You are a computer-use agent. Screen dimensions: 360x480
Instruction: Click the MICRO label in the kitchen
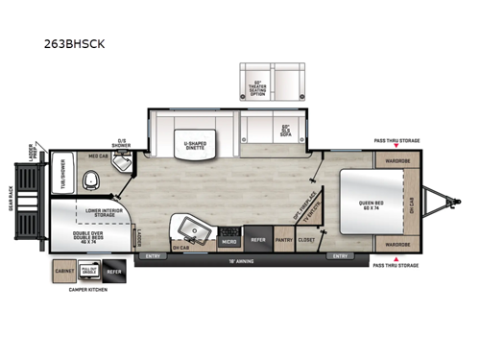(x=229, y=242)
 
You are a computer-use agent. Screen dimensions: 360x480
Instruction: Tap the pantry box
(x=284, y=242)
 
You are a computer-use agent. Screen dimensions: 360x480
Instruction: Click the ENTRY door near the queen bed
(x=339, y=256)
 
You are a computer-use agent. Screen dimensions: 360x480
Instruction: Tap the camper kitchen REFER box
(x=115, y=271)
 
